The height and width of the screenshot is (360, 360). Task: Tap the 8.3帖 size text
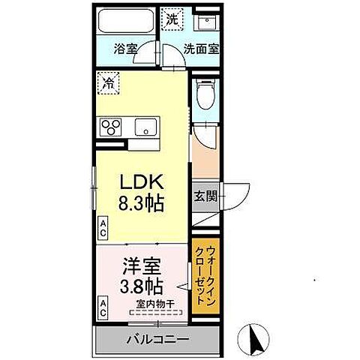139,202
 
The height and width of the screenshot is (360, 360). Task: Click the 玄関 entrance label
205,196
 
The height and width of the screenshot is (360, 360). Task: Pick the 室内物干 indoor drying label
155,304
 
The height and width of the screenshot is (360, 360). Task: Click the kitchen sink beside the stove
144,126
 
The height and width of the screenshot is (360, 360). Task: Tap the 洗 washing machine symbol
173,18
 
